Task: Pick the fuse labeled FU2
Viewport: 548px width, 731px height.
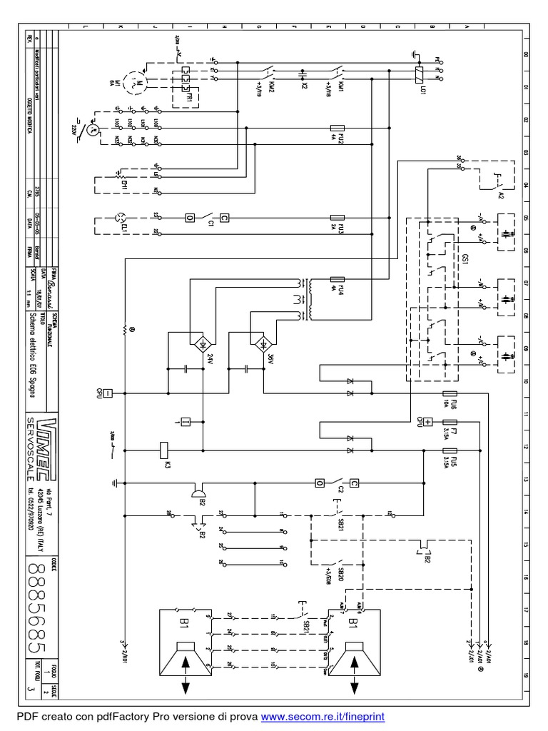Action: [338, 135]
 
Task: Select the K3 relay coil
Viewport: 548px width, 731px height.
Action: [163, 450]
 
